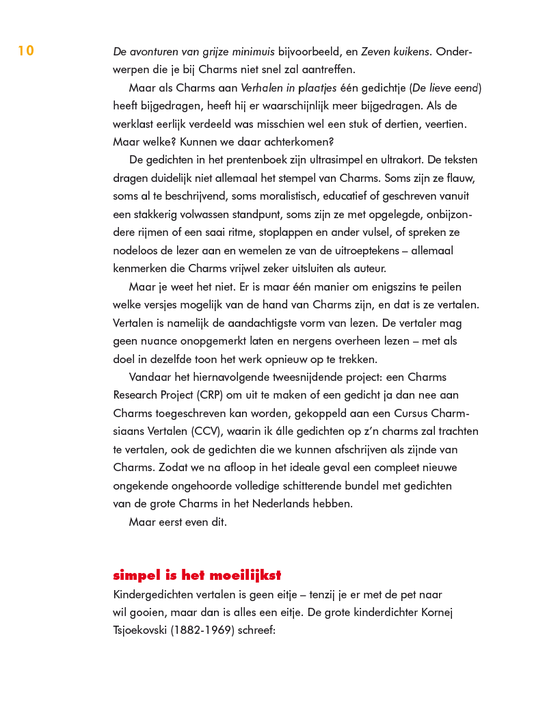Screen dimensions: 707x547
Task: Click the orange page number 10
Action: pos(25,51)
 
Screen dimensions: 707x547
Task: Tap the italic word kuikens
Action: pos(409,52)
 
